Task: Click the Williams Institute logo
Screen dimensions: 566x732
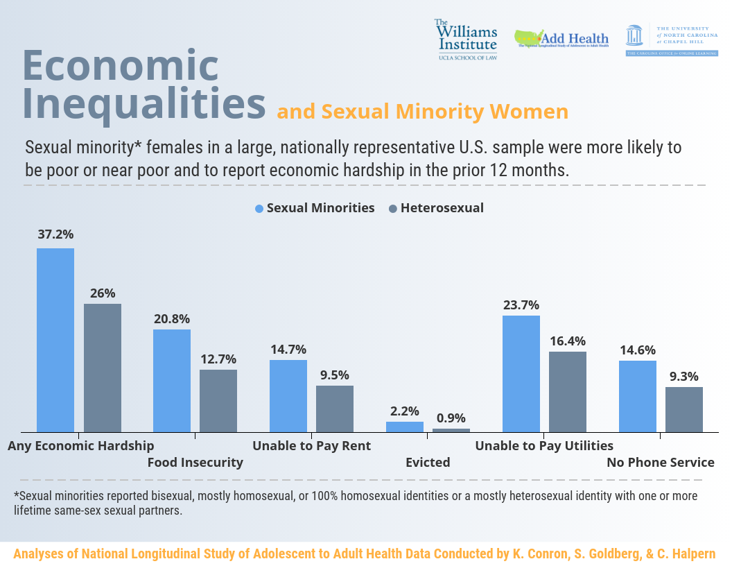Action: click(x=467, y=39)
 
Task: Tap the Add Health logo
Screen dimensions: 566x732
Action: click(x=561, y=39)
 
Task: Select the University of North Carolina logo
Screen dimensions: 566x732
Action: click(x=671, y=39)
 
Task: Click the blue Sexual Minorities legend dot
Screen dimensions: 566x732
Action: click(x=260, y=208)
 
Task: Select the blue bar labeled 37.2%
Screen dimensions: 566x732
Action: click(x=55, y=340)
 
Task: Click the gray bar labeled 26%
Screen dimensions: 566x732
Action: click(x=103, y=368)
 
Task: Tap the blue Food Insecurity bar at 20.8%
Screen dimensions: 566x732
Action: click(x=172, y=380)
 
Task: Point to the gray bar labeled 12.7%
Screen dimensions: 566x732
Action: click(x=218, y=400)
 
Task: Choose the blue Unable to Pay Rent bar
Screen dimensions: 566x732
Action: click(x=288, y=395)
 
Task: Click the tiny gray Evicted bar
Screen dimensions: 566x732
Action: click(x=451, y=430)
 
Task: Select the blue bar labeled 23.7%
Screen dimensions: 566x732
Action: click(x=521, y=373)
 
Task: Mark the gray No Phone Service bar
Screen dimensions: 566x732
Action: click(x=684, y=409)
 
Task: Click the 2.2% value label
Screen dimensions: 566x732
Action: click(x=404, y=411)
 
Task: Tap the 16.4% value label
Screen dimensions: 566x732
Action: click(x=568, y=341)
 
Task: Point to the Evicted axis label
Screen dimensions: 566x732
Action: click(x=428, y=463)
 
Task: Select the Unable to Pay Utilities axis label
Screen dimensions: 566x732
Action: click(x=544, y=446)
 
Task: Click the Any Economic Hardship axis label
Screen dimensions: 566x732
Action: click(x=81, y=446)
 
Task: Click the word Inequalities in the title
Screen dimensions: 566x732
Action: click(x=145, y=103)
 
